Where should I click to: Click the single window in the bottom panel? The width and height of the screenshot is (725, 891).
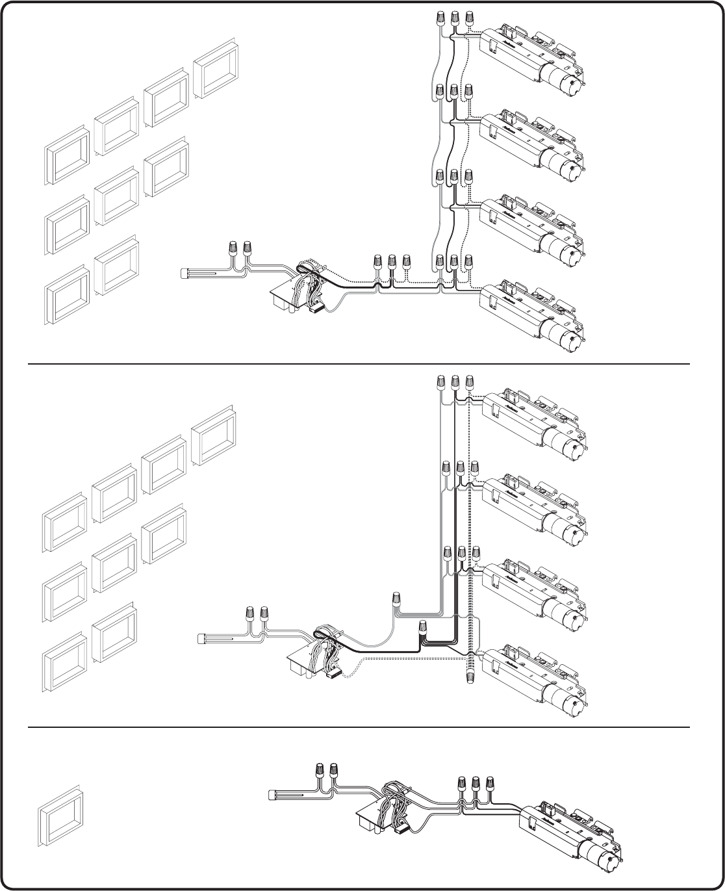[x=62, y=817]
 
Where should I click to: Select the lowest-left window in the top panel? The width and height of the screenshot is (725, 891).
[x=67, y=296]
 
